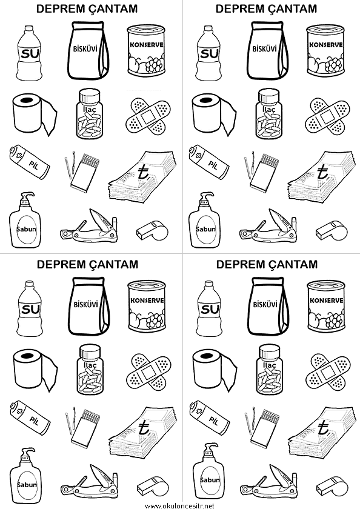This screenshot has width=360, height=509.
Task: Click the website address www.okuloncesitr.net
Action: [179, 505]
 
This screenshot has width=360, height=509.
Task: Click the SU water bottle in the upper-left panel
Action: [30, 53]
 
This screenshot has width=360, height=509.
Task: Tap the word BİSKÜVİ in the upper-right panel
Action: [265, 48]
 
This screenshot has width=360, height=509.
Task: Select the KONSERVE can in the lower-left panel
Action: [147, 306]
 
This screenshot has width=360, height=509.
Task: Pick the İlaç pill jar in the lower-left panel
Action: [89, 370]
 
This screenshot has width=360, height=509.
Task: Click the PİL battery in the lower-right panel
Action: [208, 418]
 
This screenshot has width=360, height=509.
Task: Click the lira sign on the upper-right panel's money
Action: [322, 173]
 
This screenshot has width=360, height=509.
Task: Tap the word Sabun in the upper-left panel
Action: [26, 229]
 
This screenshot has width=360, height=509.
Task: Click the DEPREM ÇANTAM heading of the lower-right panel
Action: [267, 264]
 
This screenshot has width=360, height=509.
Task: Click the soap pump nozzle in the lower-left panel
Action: [27, 453]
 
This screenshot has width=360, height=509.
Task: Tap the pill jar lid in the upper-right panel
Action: [268, 96]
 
